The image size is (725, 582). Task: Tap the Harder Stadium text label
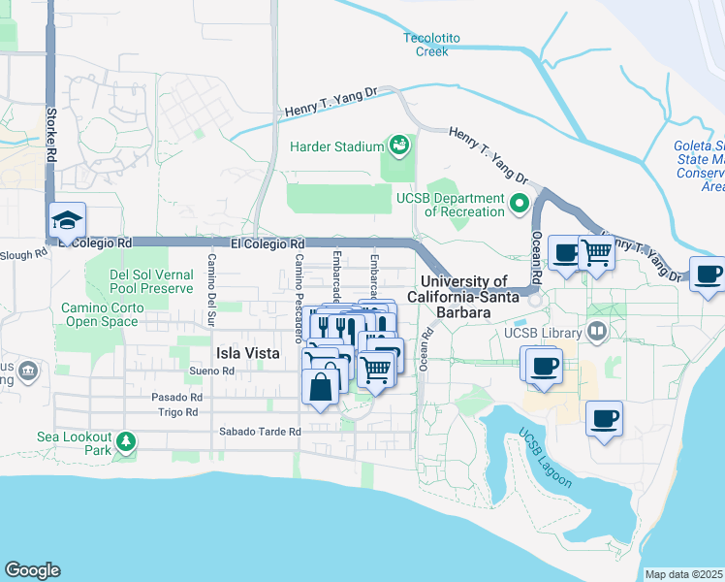tap(336, 146)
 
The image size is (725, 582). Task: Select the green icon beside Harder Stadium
tap(398, 145)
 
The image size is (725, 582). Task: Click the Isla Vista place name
tap(248, 353)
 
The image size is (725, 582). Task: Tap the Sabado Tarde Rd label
tap(260, 431)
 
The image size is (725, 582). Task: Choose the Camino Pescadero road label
tap(299, 283)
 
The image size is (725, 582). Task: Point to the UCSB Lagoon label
tap(544, 457)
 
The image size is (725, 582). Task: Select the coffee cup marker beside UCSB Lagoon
tap(605, 419)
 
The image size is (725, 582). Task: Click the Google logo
tap(32, 570)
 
